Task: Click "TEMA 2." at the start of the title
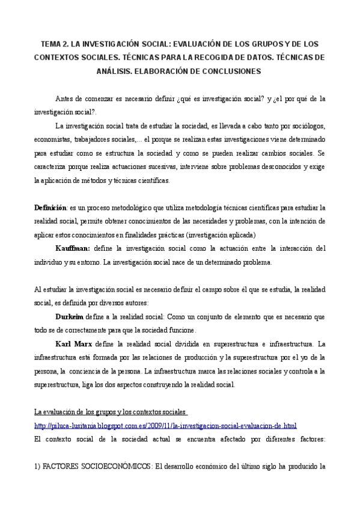tap(53, 45)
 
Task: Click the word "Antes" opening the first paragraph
tap(65, 99)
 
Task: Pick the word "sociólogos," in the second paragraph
tap(305, 126)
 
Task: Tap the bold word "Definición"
tap(50, 207)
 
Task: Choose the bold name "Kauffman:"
tap(73, 249)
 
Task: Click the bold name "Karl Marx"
tap(74, 344)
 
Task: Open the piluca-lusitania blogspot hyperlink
tap(165, 426)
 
